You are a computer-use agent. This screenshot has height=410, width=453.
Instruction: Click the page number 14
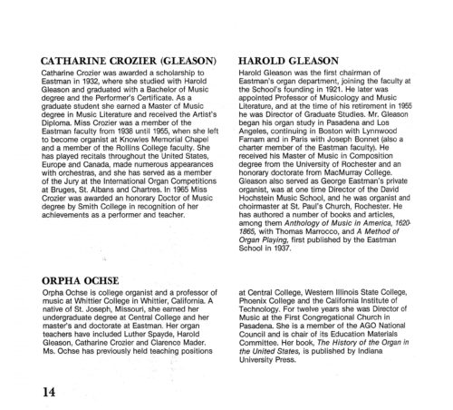point(42,369)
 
